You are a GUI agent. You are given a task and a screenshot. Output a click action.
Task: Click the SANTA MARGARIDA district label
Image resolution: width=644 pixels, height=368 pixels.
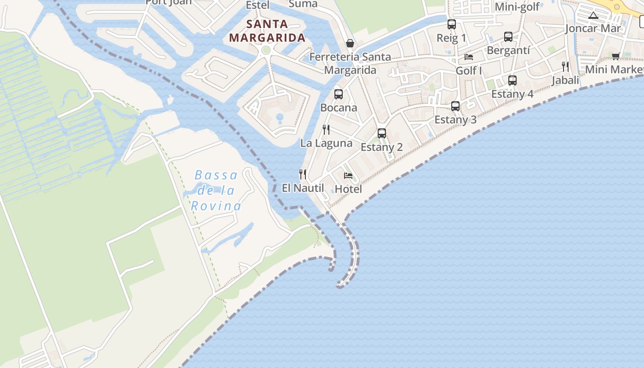[x=267, y=31]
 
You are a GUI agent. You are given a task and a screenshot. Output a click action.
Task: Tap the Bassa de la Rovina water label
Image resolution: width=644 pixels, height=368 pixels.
[x=216, y=190]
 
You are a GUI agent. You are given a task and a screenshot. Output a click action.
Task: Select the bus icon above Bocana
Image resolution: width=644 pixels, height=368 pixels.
[x=339, y=94]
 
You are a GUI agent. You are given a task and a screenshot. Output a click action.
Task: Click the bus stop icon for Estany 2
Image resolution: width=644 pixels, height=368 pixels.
[x=382, y=133]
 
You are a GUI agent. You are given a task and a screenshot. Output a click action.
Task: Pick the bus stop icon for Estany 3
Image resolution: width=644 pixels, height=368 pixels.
[x=455, y=106]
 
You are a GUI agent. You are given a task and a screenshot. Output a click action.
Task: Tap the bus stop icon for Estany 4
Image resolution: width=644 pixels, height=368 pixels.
[x=512, y=80]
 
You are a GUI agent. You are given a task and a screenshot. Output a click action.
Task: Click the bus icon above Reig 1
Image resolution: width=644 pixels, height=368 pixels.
[x=452, y=24]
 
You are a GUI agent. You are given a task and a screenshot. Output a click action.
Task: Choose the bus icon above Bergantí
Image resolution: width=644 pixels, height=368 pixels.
[x=508, y=37]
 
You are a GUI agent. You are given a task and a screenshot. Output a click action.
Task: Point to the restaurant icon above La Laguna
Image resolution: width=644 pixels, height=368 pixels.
[x=326, y=130]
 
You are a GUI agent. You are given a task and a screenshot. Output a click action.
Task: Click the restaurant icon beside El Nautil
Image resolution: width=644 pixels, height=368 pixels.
[x=303, y=174]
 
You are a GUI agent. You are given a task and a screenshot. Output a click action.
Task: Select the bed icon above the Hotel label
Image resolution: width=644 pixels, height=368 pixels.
[x=348, y=176]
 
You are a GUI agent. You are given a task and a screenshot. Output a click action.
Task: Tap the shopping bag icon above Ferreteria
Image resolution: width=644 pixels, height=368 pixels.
[x=350, y=43]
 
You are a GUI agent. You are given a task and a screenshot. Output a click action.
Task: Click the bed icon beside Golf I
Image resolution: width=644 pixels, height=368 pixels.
[x=469, y=57]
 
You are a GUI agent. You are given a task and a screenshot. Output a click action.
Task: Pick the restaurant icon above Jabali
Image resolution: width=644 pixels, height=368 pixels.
[x=565, y=67]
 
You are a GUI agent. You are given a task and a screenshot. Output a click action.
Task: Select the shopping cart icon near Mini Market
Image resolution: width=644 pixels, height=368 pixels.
[x=616, y=56]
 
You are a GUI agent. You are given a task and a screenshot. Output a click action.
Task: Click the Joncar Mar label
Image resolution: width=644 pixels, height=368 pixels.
[x=593, y=29]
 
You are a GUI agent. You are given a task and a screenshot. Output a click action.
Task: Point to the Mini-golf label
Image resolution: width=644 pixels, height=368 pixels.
[x=517, y=7]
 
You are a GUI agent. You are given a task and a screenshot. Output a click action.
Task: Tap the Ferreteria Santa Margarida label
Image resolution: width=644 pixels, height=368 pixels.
[x=350, y=63]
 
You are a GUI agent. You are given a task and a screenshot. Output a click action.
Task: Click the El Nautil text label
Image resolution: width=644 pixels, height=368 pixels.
[x=303, y=188]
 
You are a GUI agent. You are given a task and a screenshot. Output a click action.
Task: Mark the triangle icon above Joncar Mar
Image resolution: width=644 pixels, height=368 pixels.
[x=593, y=16]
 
